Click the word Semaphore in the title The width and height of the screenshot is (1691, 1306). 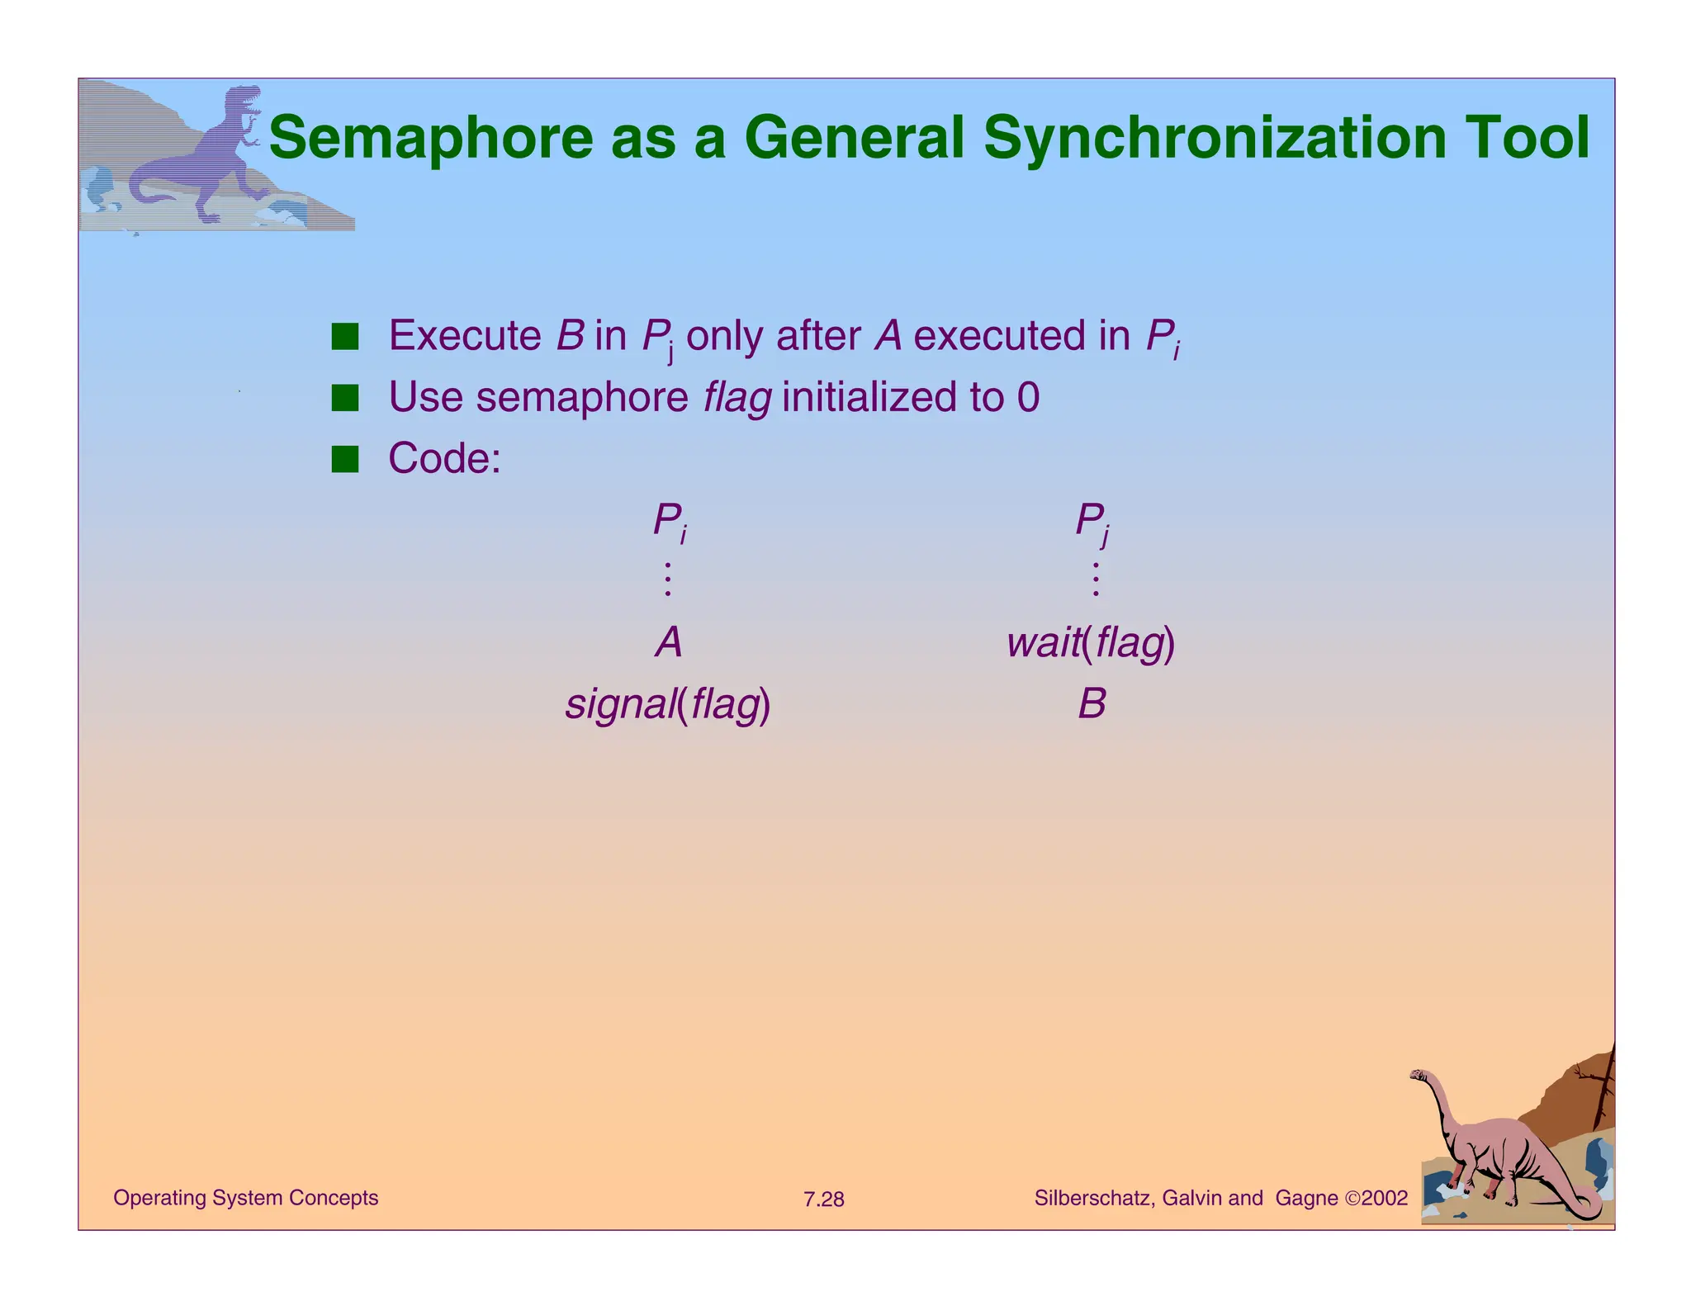431,138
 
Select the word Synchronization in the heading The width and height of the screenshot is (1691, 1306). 1215,138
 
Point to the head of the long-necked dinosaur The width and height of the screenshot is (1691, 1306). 1419,1076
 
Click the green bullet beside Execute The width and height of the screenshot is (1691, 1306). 345,336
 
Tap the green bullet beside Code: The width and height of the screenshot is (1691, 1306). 345,458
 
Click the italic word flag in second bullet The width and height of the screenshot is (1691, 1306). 737,398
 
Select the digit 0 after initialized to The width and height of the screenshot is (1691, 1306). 1028,398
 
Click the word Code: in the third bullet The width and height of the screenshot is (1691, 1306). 444,458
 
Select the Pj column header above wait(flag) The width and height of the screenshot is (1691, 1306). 1092,522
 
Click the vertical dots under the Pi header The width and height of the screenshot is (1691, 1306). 668,580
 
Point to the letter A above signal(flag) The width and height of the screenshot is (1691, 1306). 669,642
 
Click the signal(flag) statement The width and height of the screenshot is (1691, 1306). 668,705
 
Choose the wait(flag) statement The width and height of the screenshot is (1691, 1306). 1091,643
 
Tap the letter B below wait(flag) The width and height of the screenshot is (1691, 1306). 1092,705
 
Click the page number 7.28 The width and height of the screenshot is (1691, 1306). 823,1200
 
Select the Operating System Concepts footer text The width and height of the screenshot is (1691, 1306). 245,1198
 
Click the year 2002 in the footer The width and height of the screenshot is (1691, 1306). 1385,1199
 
